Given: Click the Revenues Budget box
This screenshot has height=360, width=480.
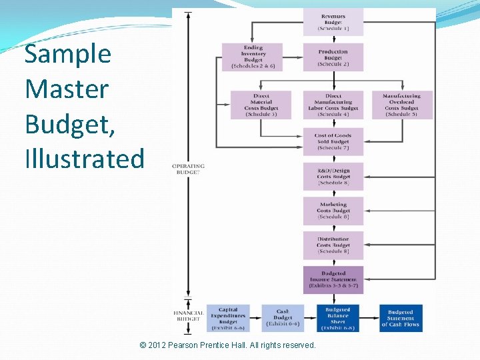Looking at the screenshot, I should pos(333,22).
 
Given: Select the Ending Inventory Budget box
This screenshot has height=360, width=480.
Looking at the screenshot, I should pos(253,57).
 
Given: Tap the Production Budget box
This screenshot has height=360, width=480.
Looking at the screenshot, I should pos(333,57).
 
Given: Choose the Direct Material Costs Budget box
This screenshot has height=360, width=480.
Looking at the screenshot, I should pos(261,105).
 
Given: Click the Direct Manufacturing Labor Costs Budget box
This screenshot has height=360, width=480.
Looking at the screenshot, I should pos(333,105).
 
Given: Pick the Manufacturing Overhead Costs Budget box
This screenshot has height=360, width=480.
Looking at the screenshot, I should pos(401,105).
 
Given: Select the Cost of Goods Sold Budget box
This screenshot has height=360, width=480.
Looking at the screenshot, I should pos(333,141).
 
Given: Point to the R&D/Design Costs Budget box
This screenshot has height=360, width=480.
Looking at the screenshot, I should pos(333,177).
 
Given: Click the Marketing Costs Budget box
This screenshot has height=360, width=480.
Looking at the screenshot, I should pos(333,211).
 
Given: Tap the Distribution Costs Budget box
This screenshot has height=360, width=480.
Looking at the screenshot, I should pos(333,245).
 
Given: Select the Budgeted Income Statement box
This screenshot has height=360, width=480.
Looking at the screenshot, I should pos(333,280).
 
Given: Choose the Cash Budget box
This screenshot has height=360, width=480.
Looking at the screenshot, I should pos(283,319).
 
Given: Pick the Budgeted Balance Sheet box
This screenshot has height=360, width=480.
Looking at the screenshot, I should pos(337,319).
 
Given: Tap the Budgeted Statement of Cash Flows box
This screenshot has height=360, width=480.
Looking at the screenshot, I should pos(401,319).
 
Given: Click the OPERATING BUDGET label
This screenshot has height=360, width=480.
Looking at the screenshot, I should pos(188,169).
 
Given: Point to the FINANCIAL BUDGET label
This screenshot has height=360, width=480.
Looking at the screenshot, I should pos(188,315).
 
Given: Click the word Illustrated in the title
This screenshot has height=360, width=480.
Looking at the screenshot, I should pos(85,159).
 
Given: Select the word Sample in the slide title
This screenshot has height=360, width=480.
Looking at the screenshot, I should pos(68,54).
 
